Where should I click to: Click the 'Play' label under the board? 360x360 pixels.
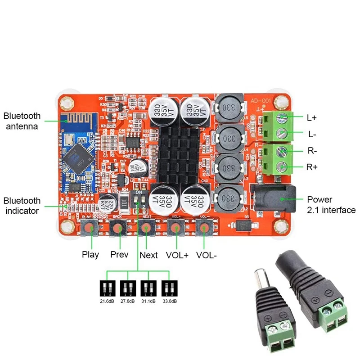[x=90, y=255]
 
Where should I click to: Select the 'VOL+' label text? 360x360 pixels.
[x=177, y=255]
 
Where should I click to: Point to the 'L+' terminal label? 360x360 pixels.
[x=312, y=118]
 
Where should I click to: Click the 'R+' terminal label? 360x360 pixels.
[x=312, y=167]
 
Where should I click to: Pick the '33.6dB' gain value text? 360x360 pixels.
[x=169, y=301]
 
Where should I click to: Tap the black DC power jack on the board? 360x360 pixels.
[x=270, y=198]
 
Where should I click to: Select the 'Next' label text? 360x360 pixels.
[x=148, y=255]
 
